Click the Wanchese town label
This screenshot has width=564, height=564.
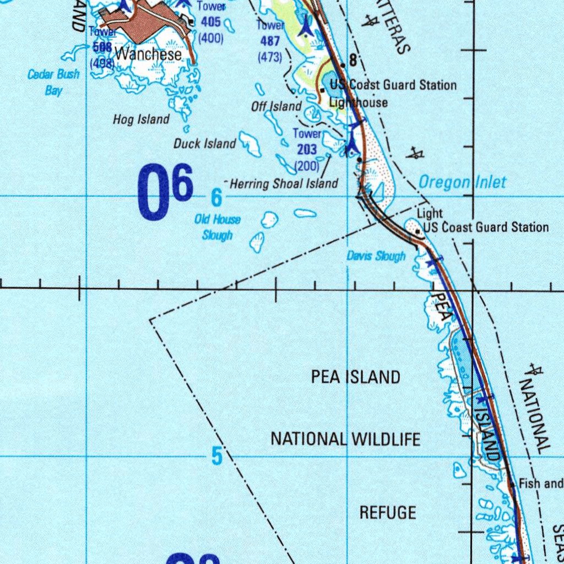148,55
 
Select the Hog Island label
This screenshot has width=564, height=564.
141,119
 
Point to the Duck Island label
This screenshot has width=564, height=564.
204,144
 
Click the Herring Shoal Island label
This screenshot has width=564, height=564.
284,184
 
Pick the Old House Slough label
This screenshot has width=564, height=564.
218,227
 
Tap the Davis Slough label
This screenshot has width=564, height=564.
376,256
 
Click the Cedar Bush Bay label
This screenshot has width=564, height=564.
53,82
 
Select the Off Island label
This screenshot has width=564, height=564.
276,106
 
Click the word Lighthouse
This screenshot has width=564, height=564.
359,102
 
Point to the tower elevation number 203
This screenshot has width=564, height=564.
307,149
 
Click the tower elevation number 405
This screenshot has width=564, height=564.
210,22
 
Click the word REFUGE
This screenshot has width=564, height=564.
388,512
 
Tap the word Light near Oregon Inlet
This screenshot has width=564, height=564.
429,214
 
